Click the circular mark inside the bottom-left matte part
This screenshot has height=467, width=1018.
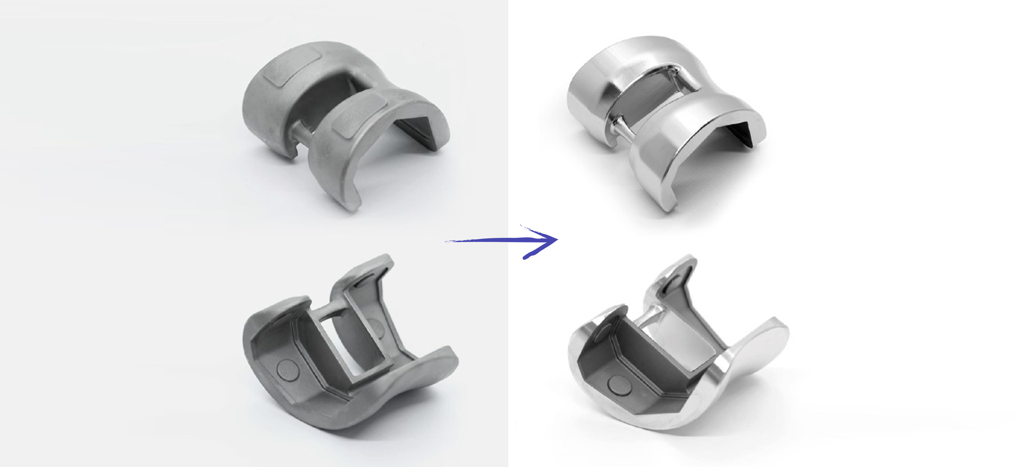[287, 370]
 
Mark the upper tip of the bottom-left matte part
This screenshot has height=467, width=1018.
[385, 259]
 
